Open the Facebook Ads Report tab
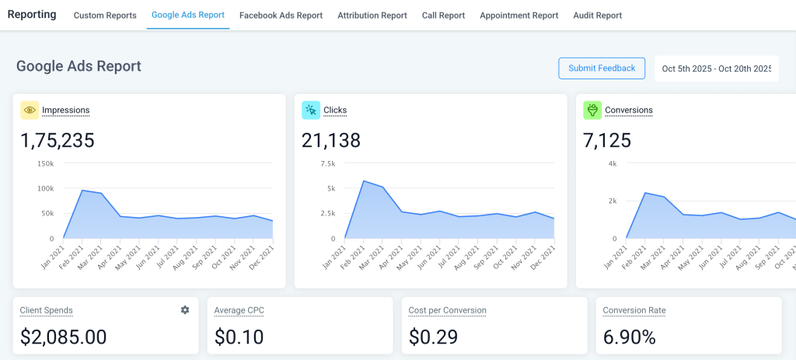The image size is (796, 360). [x=281, y=16]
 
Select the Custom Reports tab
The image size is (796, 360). [x=105, y=16]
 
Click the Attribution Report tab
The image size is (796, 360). [x=372, y=16]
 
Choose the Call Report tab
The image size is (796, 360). [x=443, y=16]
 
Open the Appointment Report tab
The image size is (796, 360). [x=518, y=16]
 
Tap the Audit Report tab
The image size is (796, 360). [x=597, y=16]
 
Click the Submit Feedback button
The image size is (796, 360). [x=602, y=68]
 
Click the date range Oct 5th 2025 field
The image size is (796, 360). [x=716, y=68]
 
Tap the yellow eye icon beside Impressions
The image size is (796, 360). [x=30, y=110]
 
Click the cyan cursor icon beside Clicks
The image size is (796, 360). [x=311, y=110]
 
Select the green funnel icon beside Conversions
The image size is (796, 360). [x=592, y=110]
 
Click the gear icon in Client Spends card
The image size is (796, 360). [x=185, y=310]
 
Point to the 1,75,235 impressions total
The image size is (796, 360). [x=58, y=141]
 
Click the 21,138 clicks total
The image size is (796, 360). [x=331, y=141]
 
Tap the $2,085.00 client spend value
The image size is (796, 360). [x=63, y=337]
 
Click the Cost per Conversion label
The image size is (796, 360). [x=447, y=310]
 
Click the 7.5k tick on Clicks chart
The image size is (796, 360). [x=326, y=163]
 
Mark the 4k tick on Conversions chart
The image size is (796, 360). [x=612, y=163]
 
